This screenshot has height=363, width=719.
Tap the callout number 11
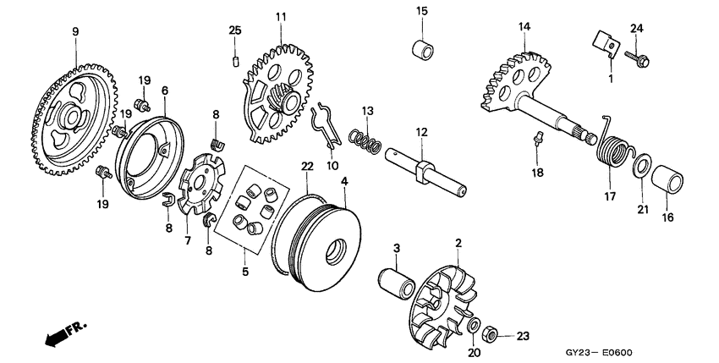pos(281,16)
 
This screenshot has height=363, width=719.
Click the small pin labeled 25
pos(236,58)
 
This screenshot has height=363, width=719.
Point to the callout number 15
pos(421,10)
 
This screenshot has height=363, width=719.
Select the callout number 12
pos(420,132)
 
